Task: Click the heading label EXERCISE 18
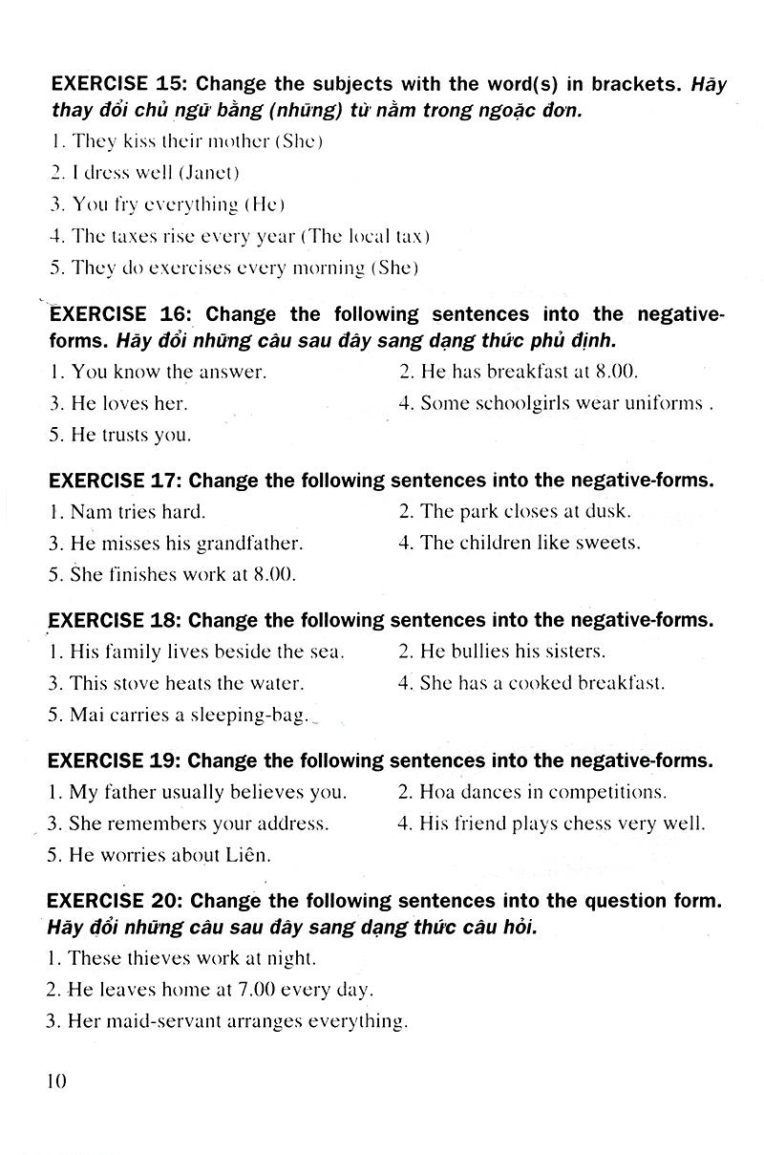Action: [x=113, y=620]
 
